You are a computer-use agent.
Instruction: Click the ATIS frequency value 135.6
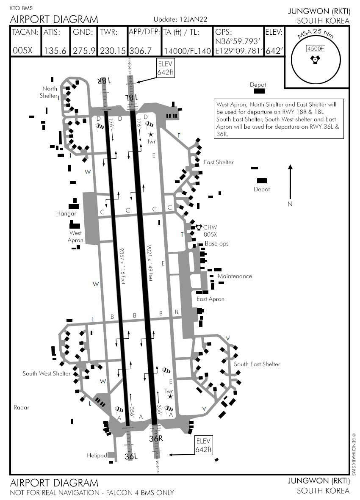tap(55, 51)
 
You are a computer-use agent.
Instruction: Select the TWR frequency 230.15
tap(113, 51)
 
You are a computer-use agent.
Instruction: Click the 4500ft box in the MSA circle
tap(316, 49)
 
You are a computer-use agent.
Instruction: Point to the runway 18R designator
tap(102, 80)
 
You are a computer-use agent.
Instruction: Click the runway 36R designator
tap(155, 439)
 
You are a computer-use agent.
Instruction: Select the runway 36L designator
tap(131, 456)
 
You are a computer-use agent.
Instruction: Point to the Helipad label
tap(97, 456)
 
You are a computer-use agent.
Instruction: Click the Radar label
tap(21, 407)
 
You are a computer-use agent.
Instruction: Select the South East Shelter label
tap(257, 364)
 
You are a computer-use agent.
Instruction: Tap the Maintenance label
tap(235, 276)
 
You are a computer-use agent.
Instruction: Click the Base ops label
tap(216, 244)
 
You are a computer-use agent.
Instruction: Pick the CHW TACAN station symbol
tap(198, 227)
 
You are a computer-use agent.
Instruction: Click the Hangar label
tap(66, 213)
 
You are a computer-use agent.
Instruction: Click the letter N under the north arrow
tap(290, 204)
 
